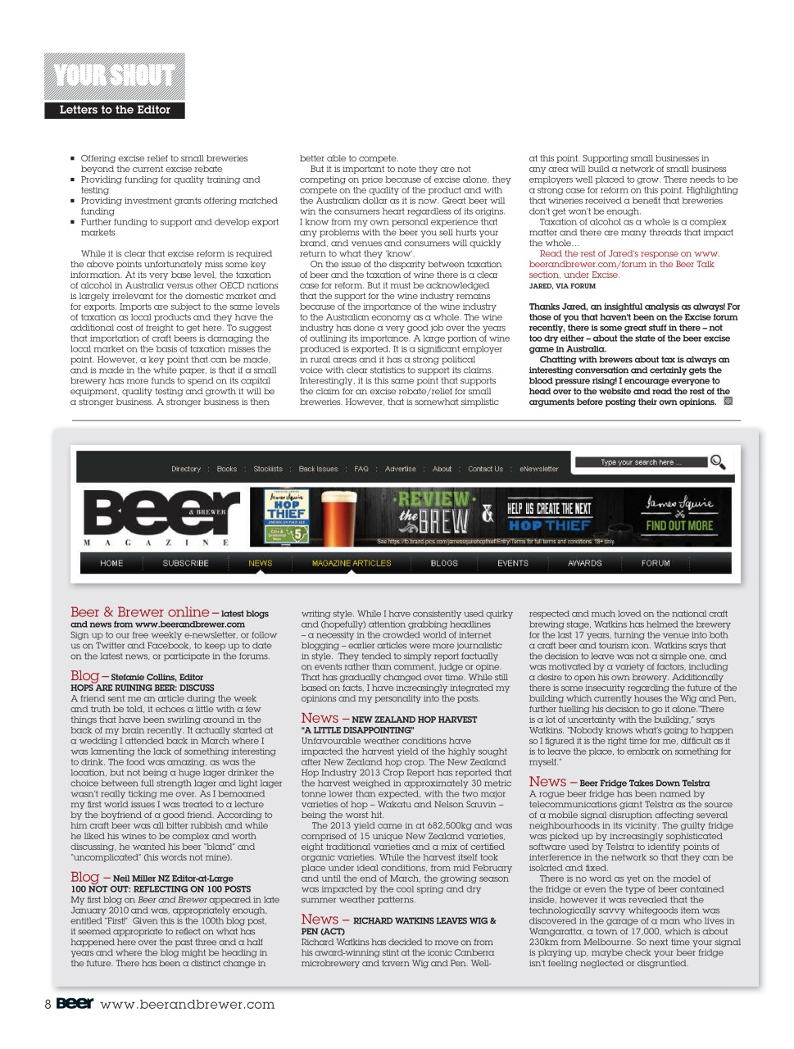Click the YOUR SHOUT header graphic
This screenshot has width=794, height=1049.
115,76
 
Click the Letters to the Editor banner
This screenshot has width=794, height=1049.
115,110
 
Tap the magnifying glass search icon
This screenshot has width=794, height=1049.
718,462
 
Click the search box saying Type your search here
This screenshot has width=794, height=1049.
641,462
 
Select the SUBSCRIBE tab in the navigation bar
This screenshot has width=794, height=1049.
185,563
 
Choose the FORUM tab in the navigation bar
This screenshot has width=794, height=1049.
656,563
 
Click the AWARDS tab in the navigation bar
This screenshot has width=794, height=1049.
584,563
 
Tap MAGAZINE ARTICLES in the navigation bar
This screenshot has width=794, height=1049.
352,563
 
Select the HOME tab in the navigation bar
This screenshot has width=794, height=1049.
111,563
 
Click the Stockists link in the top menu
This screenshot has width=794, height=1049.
268,469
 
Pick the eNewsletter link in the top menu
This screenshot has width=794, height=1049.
538,469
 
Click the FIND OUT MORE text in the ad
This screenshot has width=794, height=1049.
678,526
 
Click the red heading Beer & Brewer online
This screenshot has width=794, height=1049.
140,612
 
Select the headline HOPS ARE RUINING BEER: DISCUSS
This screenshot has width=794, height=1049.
143,688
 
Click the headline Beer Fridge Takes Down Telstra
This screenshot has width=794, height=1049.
644,783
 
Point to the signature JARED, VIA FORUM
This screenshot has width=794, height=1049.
562,286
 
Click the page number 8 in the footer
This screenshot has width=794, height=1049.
48,1004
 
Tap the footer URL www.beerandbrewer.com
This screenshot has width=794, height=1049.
187,1004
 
